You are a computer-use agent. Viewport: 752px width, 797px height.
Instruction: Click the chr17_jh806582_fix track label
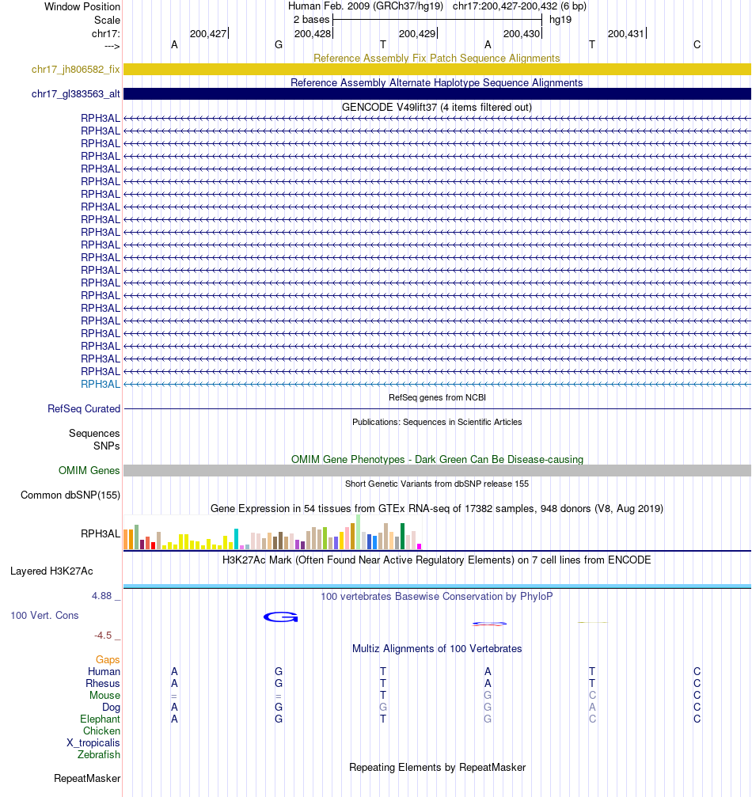click(x=76, y=70)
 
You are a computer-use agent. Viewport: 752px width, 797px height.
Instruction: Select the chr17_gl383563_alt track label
click(x=76, y=94)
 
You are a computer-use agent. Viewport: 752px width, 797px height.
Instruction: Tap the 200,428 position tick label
click(x=312, y=33)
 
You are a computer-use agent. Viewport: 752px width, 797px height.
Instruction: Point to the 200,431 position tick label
click(x=625, y=33)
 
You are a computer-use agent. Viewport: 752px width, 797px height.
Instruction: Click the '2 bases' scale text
click(x=311, y=19)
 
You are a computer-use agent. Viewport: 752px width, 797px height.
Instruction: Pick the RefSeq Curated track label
click(x=84, y=409)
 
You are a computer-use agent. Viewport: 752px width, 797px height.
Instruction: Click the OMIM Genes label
click(x=89, y=471)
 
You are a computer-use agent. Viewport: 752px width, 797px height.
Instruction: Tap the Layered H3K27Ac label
click(x=51, y=571)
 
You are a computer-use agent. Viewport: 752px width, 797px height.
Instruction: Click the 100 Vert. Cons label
click(x=44, y=615)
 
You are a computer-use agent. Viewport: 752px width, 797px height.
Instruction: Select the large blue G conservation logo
click(x=280, y=617)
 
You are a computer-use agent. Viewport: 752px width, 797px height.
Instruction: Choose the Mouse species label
click(x=104, y=696)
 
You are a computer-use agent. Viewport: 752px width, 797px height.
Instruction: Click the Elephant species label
click(x=101, y=719)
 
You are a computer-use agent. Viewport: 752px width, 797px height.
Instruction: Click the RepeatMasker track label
click(x=87, y=779)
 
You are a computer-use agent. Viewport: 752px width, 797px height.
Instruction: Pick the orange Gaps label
click(x=108, y=659)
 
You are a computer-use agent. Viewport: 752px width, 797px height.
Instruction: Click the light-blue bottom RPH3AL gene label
click(x=101, y=384)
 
